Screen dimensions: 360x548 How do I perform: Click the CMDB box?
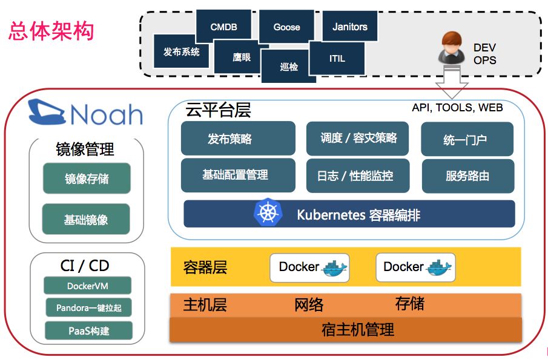tap(223, 27)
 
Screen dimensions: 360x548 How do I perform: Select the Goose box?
tap(286, 27)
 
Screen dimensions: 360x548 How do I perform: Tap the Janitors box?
tap(350, 27)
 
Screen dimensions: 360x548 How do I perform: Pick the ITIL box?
tap(337, 59)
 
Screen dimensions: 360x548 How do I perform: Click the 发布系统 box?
tap(181, 52)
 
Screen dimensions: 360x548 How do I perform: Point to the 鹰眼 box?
tap(241, 57)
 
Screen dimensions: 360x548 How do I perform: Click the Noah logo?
tap(85, 113)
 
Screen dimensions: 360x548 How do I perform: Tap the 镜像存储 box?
tap(87, 178)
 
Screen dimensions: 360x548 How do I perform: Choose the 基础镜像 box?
tap(87, 219)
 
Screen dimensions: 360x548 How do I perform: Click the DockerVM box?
tap(88, 286)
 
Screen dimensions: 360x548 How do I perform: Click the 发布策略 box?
tap(238, 139)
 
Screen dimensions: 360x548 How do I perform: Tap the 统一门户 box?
tap(467, 140)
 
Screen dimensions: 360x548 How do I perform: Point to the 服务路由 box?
tap(467, 176)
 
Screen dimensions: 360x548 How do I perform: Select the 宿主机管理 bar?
tap(346, 330)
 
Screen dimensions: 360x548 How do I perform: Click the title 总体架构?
tap(51, 31)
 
